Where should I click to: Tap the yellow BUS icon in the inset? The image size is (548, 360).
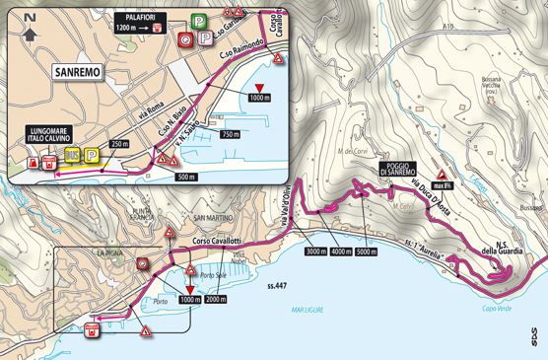coord(73,155)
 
